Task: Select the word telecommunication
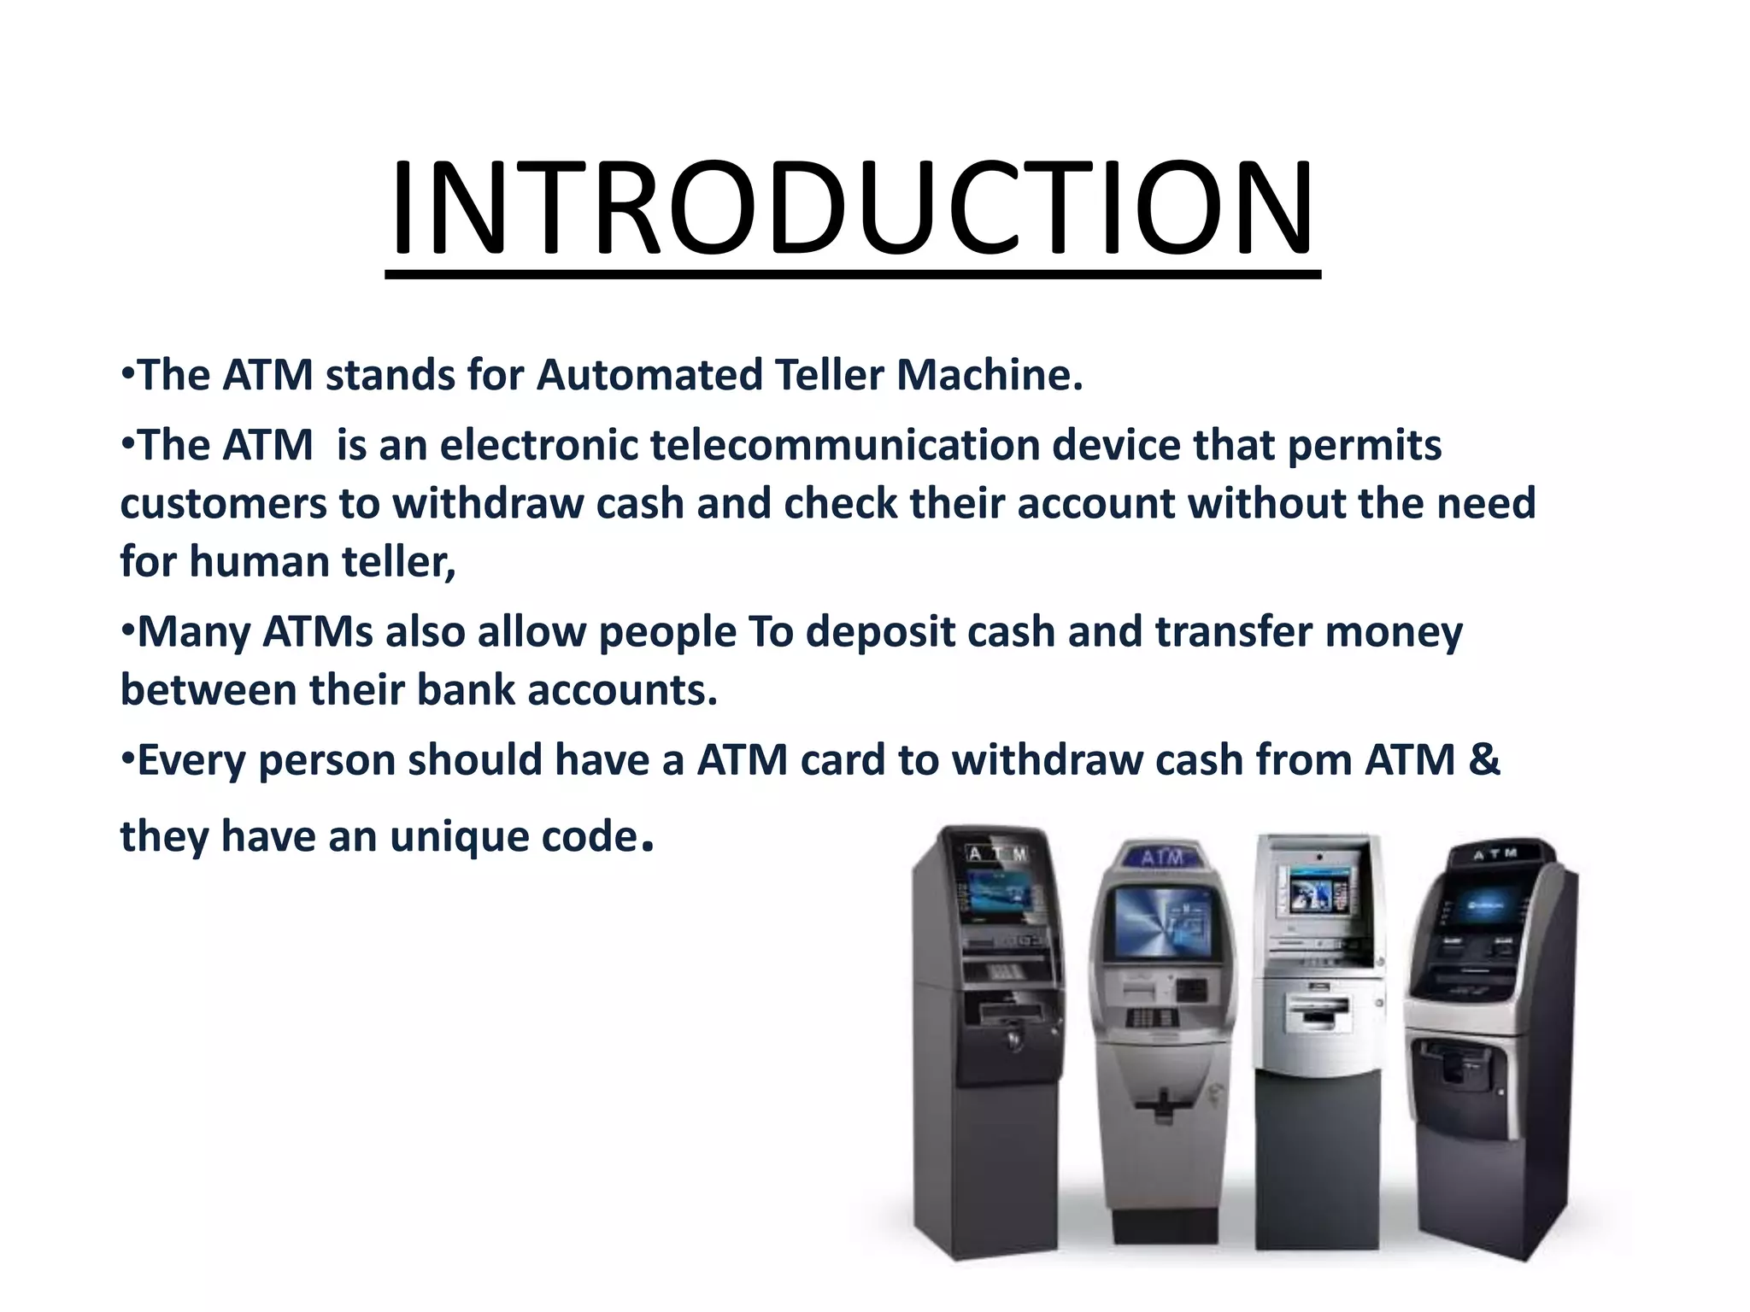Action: pyautogui.click(x=844, y=445)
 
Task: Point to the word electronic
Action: pyautogui.click(x=539, y=445)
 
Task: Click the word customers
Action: pyautogui.click(x=223, y=503)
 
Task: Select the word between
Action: pyautogui.click(x=208, y=690)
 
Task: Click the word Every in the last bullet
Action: pyautogui.click(x=191, y=759)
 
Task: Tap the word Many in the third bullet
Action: pyautogui.click(x=193, y=632)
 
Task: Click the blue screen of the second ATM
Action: pyautogui.click(x=1162, y=921)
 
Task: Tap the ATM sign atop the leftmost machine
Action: pyautogui.click(x=997, y=852)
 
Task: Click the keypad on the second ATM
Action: pyautogui.click(x=1151, y=1017)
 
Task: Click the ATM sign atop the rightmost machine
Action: pyautogui.click(x=1495, y=852)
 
